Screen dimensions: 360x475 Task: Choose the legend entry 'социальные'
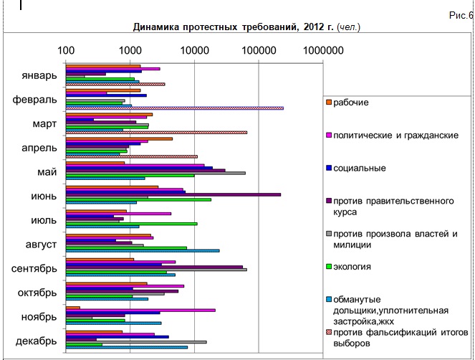tap(360, 168)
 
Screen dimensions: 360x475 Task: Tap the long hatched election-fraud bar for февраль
tap(175, 108)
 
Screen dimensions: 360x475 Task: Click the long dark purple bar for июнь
tap(173, 194)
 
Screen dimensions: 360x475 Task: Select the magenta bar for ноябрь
tap(140, 310)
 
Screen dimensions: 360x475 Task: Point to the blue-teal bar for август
tap(143, 251)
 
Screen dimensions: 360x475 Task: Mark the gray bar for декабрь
tap(136, 341)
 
